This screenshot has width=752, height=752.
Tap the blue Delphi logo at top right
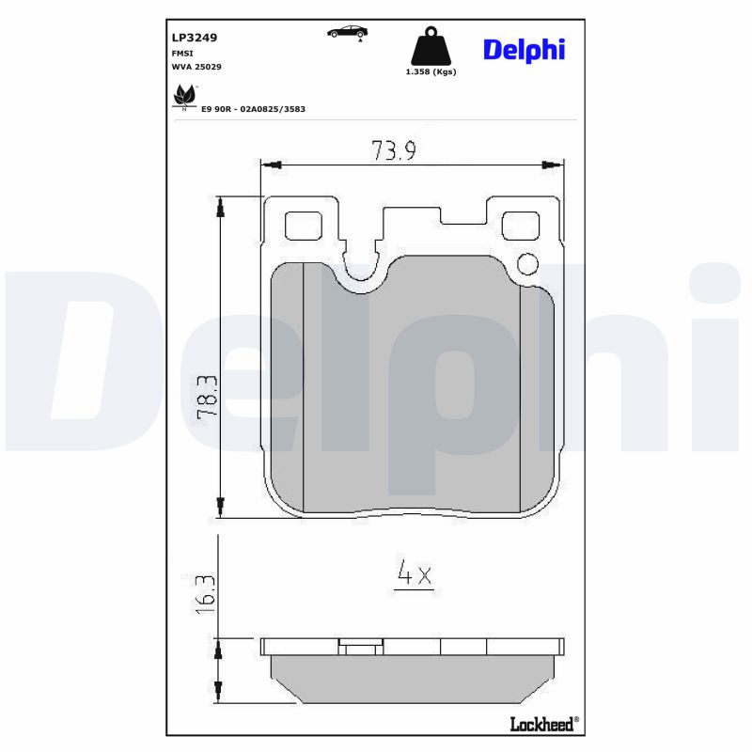524,50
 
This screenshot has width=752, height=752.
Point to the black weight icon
430,48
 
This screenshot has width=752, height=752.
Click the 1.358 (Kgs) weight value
430,72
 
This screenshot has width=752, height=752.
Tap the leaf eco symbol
184,95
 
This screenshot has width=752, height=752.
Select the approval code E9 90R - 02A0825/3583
253,109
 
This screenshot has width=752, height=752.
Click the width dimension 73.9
393,150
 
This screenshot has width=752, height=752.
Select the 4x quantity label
414,574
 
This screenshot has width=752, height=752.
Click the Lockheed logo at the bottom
543,724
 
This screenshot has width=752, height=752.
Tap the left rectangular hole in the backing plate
302,226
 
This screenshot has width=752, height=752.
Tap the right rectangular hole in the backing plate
520,226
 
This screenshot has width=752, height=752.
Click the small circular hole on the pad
527,263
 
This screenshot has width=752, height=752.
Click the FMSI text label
182,54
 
